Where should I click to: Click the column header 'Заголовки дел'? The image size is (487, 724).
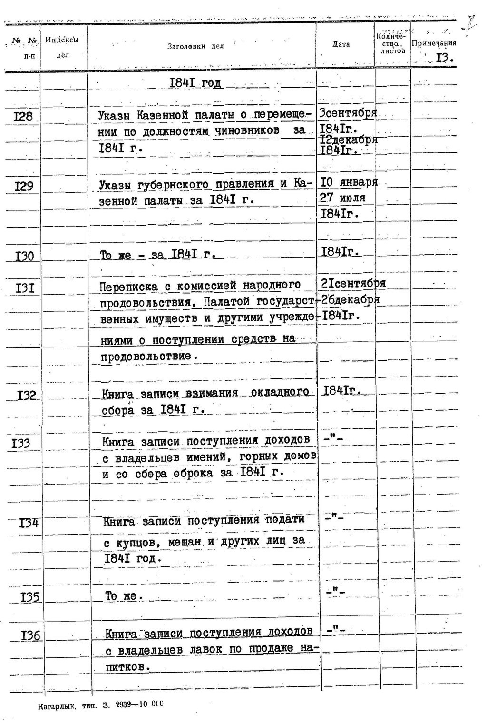click(x=195, y=46)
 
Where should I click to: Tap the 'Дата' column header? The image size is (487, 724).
click(x=341, y=44)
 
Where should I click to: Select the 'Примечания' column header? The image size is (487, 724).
click(x=434, y=43)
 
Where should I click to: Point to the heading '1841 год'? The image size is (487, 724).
click(x=195, y=83)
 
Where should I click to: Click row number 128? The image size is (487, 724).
click(x=23, y=116)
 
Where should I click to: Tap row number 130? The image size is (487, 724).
click(x=24, y=257)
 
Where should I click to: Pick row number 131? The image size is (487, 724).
click(x=24, y=288)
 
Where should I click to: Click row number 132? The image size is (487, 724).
click(x=27, y=396)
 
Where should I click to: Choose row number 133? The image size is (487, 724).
click(x=21, y=444)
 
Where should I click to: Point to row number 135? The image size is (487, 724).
click(x=30, y=597)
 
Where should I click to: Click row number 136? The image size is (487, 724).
click(x=30, y=635)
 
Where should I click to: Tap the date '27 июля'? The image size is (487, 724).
click(x=342, y=198)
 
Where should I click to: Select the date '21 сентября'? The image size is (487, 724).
click(x=353, y=284)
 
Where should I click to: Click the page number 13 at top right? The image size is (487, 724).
click(x=444, y=58)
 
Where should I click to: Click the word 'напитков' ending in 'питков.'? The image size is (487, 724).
click(x=127, y=667)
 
